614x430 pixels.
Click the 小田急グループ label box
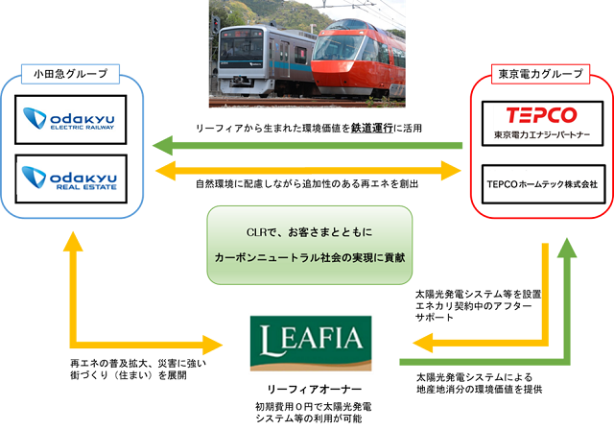pyautogui.click(x=70, y=74)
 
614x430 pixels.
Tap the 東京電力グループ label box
pyautogui.click(x=540, y=74)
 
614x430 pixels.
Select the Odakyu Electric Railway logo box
pyautogui.click(x=71, y=119)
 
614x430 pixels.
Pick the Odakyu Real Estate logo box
pyautogui.click(x=71, y=179)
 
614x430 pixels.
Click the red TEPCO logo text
pyautogui.click(x=541, y=115)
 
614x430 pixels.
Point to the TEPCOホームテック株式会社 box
pyautogui.click(x=543, y=184)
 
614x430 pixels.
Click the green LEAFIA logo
pyautogui.click(x=311, y=343)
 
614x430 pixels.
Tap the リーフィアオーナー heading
pyautogui.click(x=314, y=390)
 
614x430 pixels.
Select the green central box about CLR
pyautogui.click(x=309, y=245)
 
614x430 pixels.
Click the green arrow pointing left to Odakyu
pyautogui.click(x=307, y=146)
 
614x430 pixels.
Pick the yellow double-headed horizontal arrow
pyautogui.click(x=308, y=170)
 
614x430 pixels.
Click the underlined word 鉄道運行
pyautogui.click(x=371, y=128)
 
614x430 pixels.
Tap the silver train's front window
pyautogui.click(x=241, y=48)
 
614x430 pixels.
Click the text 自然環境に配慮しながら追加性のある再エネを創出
pyautogui.click(x=307, y=183)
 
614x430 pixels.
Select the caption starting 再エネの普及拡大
pyautogui.click(x=138, y=370)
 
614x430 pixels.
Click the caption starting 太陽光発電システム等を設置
pyautogui.click(x=478, y=305)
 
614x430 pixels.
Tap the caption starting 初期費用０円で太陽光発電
pyautogui.click(x=314, y=413)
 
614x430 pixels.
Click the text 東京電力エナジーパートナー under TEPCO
pyautogui.click(x=542, y=135)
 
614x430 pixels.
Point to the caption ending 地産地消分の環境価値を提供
pyautogui.click(x=480, y=383)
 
